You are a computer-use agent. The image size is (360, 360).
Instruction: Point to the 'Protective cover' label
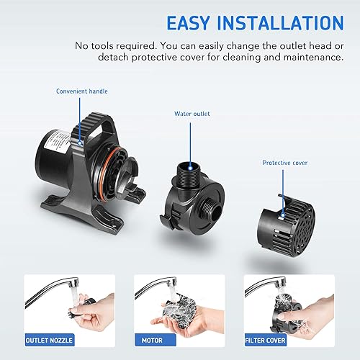(284, 163)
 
